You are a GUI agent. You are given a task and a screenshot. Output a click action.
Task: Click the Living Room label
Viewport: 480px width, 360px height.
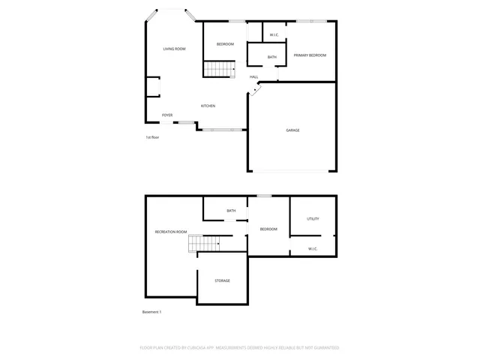[x=174, y=49]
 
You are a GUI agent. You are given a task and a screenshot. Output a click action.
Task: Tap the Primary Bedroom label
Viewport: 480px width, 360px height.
[x=310, y=55]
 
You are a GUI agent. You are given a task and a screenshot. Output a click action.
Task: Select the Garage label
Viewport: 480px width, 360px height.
[x=292, y=130]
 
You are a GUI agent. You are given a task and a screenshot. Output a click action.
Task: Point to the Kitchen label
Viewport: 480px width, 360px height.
[x=208, y=106]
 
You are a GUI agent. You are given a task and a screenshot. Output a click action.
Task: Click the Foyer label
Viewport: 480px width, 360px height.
[x=167, y=115]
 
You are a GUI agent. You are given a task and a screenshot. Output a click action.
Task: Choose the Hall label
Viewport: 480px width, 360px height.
[x=254, y=76]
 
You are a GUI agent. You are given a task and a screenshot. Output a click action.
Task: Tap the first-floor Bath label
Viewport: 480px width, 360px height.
[x=271, y=57]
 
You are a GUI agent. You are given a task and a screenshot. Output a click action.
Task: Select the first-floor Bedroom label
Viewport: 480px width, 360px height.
[x=225, y=44]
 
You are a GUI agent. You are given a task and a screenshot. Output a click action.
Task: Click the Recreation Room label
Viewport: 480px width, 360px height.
[x=170, y=232]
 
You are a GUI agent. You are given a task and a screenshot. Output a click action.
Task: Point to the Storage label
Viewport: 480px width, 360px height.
[x=222, y=280]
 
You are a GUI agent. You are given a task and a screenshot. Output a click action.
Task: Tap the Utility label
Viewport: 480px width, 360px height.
[x=313, y=219]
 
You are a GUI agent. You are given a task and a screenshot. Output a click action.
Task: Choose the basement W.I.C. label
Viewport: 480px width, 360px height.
[x=313, y=248]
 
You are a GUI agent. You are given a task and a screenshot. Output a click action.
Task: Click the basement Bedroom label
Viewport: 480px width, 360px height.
[x=268, y=229]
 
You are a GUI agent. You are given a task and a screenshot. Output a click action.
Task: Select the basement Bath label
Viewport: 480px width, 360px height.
[x=231, y=211]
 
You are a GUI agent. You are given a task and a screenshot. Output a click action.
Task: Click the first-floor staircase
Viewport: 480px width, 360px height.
[x=220, y=70]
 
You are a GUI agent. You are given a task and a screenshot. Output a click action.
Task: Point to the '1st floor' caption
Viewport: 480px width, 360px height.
[x=152, y=137]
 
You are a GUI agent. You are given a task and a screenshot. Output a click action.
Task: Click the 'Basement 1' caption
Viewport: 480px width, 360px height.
[x=151, y=312]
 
